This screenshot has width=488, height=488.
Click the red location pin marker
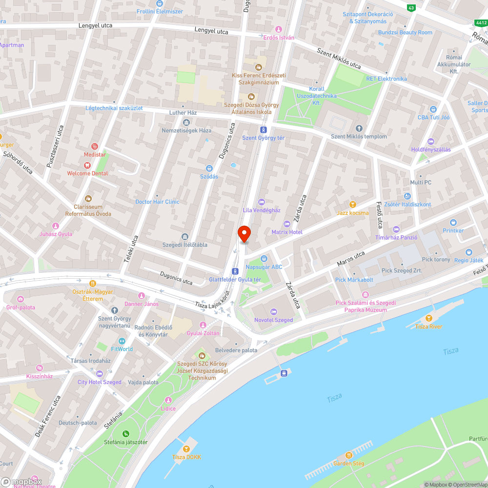click(244, 233)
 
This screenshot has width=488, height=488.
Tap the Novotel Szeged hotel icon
click(273, 311)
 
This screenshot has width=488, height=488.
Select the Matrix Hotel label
click(287, 232)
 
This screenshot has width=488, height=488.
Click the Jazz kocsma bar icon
click(353, 204)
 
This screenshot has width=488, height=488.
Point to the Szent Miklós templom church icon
click(359, 128)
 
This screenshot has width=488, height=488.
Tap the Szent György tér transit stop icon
click(264, 129)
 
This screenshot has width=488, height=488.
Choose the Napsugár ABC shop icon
click(264, 258)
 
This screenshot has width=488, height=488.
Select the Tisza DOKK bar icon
click(186, 448)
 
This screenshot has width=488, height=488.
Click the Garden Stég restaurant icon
click(348, 455)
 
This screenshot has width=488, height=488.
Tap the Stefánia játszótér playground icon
click(125, 433)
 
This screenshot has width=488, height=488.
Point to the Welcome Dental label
click(87, 173)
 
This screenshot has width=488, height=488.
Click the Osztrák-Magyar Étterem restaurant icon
click(92, 283)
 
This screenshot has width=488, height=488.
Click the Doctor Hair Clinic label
click(157, 202)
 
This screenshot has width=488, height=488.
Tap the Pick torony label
click(436, 260)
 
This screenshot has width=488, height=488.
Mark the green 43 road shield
click(411, 8)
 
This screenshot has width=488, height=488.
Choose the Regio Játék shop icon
click(469, 252)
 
